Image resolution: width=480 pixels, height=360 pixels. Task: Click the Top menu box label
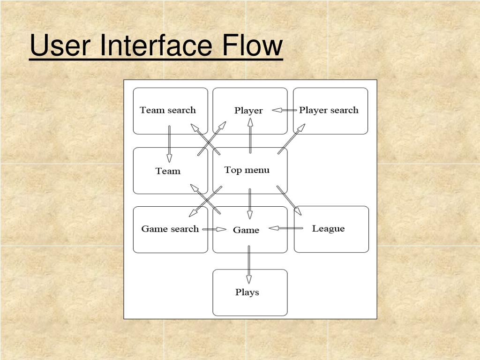247,170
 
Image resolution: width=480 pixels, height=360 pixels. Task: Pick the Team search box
170,111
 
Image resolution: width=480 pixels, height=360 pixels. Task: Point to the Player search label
329,110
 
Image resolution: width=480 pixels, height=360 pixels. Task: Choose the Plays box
250,292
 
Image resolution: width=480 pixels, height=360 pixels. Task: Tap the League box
331,229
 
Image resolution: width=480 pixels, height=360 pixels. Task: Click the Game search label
170,229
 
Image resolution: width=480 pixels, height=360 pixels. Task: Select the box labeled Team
170,171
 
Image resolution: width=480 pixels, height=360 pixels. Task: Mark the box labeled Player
250,111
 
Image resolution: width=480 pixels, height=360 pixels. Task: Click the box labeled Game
250,230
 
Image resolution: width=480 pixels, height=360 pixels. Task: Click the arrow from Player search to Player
284,111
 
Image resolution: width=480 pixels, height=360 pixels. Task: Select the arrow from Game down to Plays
249,265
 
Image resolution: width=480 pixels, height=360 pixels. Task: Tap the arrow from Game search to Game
214,229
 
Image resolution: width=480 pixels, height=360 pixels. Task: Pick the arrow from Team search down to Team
169,143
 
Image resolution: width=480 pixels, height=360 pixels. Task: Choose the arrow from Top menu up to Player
250,135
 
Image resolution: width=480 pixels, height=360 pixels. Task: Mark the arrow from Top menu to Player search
291,138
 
